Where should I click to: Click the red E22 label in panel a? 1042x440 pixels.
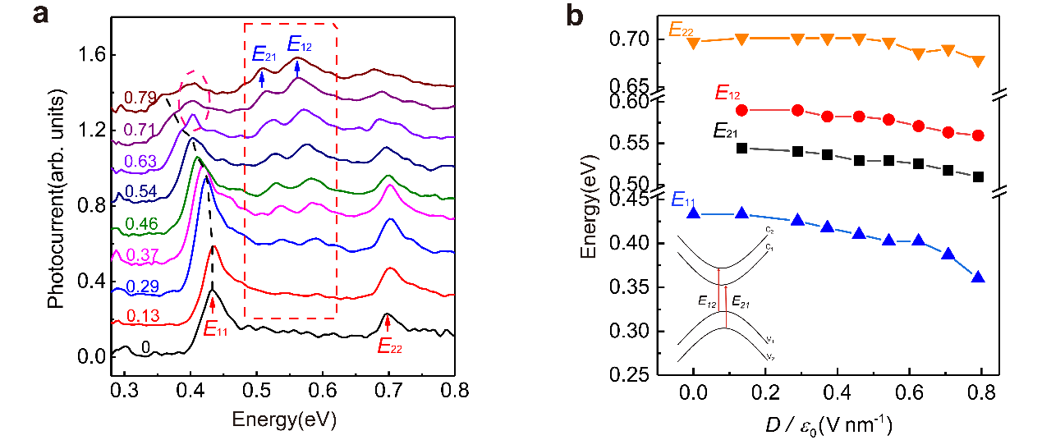(x=389, y=346)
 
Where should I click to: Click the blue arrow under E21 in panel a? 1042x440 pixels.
(x=262, y=79)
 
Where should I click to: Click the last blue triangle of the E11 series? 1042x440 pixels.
(x=978, y=277)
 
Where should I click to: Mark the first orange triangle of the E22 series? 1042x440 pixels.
(x=694, y=44)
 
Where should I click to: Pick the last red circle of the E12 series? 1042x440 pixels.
(x=978, y=135)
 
